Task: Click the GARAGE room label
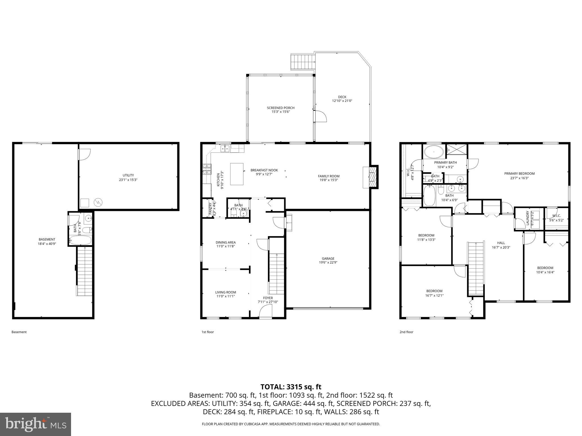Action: [x=328, y=258]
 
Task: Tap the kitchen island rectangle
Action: [x=237, y=174]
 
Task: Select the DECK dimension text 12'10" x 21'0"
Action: [x=342, y=101]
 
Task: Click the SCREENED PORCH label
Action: [x=280, y=108]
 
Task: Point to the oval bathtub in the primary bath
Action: [x=434, y=152]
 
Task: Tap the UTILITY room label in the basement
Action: [x=128, y=175]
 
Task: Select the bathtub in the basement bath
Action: [x=80, y=241]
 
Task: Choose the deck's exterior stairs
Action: [x=303, y=62]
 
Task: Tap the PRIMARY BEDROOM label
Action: [x=519, y=173]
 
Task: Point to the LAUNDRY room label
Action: [x=528, y=218]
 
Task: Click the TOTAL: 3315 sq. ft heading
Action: [x=291, y=387]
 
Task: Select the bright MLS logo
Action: [x=36, y=424]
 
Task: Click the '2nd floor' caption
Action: [x=406, y=332]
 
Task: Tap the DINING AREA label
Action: [x=226, y=242]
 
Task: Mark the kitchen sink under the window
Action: [x=226, y=148]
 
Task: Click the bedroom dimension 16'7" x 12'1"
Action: [x=434, y=295]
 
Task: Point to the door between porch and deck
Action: [x=320, y=116]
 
